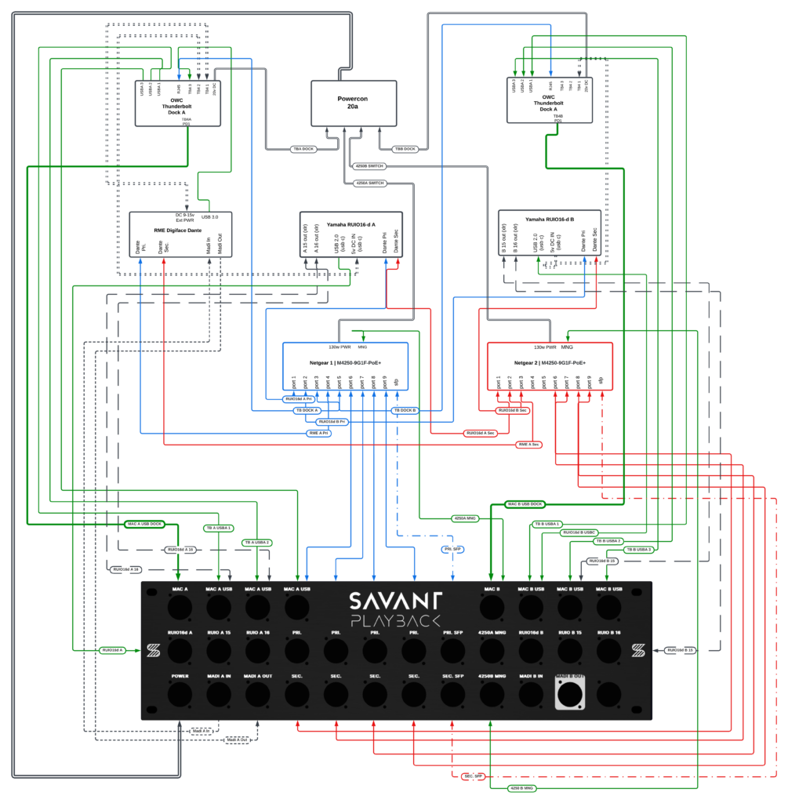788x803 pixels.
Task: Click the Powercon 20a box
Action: point(354,103)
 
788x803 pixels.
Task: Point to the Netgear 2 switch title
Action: point(550,363)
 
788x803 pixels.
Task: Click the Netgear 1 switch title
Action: point(346,363)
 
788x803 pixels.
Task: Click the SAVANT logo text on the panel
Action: point(395,601)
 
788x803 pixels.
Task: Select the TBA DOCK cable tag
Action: point(303,148)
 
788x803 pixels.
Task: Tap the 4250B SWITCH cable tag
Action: point(369,165)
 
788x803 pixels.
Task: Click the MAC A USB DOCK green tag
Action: point(143,524)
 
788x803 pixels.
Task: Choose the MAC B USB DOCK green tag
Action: point(525,504)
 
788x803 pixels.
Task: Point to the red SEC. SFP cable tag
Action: point(473,776)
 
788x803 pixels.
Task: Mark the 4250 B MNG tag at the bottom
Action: point(521,787)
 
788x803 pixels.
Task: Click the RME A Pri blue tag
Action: point(318,433)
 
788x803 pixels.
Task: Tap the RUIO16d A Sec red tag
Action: point(481,433)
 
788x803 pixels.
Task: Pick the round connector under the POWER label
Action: point(180,694)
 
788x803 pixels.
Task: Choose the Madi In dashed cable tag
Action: point(202,731)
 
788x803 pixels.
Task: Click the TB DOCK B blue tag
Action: point(405,410)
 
